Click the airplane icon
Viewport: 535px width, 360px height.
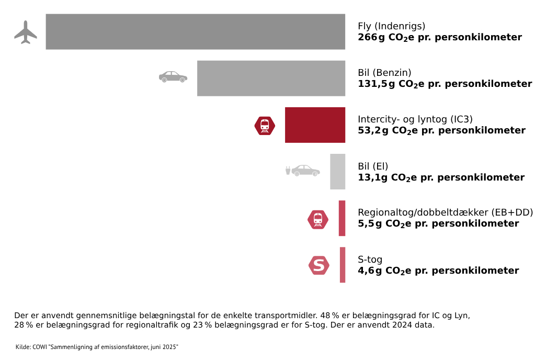[26, 32]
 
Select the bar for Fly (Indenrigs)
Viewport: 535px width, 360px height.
[195, 32]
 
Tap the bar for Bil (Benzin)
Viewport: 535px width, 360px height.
[271, 78]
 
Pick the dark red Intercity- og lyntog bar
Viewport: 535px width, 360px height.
[315, 125]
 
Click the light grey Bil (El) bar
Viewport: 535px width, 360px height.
[337, 172]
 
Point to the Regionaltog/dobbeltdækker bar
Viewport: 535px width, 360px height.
[342, 218]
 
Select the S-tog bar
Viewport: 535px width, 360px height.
[343, 265]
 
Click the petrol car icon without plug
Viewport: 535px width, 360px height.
[173, 77]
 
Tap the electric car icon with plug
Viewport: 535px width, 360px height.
[302, 171]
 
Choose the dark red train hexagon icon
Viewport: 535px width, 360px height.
[265, 126]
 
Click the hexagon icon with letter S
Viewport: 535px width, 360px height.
[318, 265]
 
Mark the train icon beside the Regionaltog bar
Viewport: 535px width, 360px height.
[318, 219]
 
